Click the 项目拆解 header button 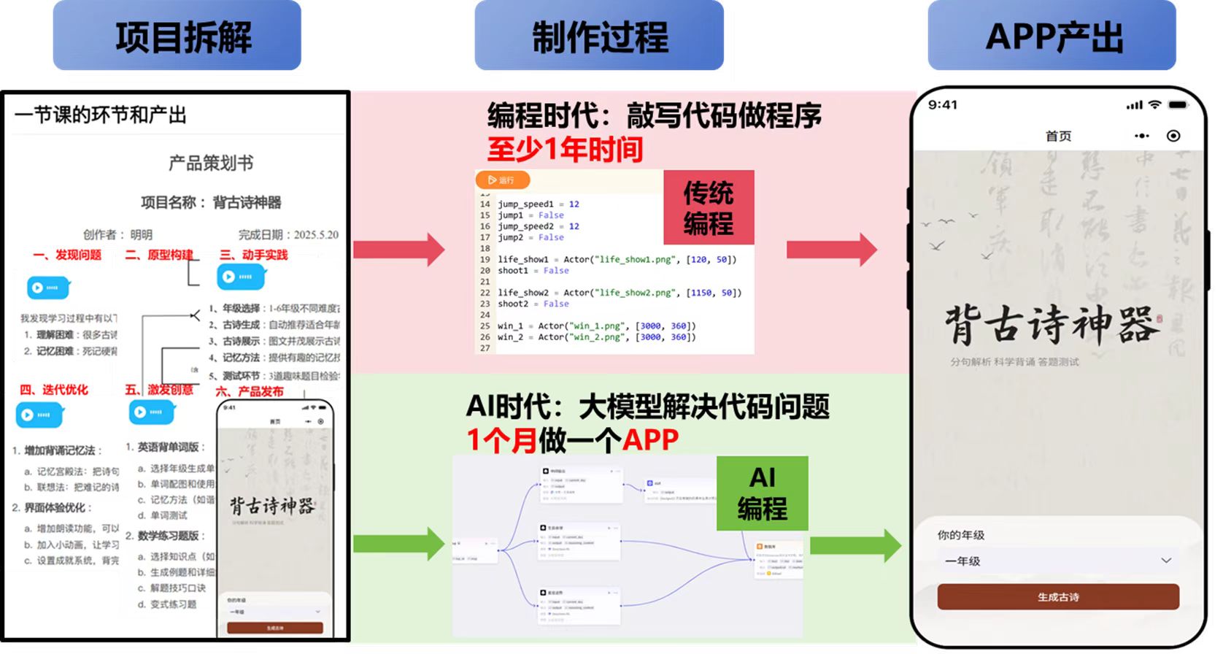(x=177, y=36)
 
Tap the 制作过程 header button (x=599, y=36)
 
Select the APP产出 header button (x=1052, y=36)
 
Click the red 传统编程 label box (x=708, y=208)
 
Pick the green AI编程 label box (x=762, y=493)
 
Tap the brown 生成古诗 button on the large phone (x=1058, y=597)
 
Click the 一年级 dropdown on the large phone (x=1058, y=561)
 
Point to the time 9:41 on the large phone (x=942, y=105)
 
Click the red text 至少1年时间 (x=565, y=150)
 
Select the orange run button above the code (x=502, y=180)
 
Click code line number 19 (x=485, y=259)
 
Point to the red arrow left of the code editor (x=398, y=250)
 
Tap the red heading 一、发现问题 (x=67, y=255)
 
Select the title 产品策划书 (x=211, y=163)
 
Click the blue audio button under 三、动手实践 (x=240, y=277)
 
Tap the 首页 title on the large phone (x=1058, y=136)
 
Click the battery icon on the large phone (x=1178, y=105)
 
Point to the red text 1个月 (x=501, y=440)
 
